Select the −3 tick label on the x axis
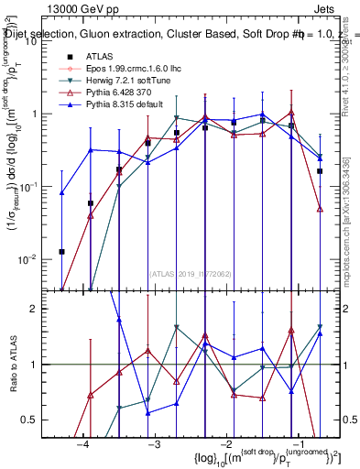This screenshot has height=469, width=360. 154,444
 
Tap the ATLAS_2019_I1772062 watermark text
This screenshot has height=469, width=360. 191,272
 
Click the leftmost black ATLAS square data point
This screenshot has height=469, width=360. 61,251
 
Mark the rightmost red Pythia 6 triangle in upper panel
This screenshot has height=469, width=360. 319,209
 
